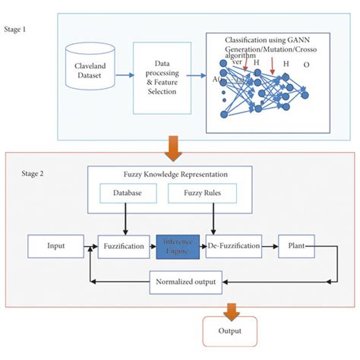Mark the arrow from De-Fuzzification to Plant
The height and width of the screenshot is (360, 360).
[x=269, y=246]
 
